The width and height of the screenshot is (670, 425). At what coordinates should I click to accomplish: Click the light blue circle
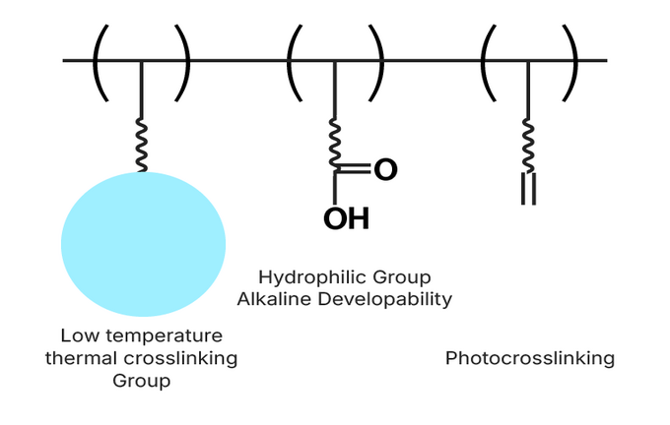point(143,243)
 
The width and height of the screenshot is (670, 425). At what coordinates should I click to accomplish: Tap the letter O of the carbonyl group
point(385,170)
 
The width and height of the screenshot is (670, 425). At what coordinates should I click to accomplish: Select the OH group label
point(346,218)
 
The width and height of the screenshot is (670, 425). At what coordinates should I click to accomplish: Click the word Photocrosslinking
point(529,358)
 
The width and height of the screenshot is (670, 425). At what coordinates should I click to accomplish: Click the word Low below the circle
point(77,335)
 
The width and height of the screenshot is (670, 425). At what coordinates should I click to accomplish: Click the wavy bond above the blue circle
point(142,148)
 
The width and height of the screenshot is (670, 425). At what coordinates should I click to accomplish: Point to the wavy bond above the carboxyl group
point(335,144)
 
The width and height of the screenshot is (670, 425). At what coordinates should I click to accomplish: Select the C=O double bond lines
point(357,170)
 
